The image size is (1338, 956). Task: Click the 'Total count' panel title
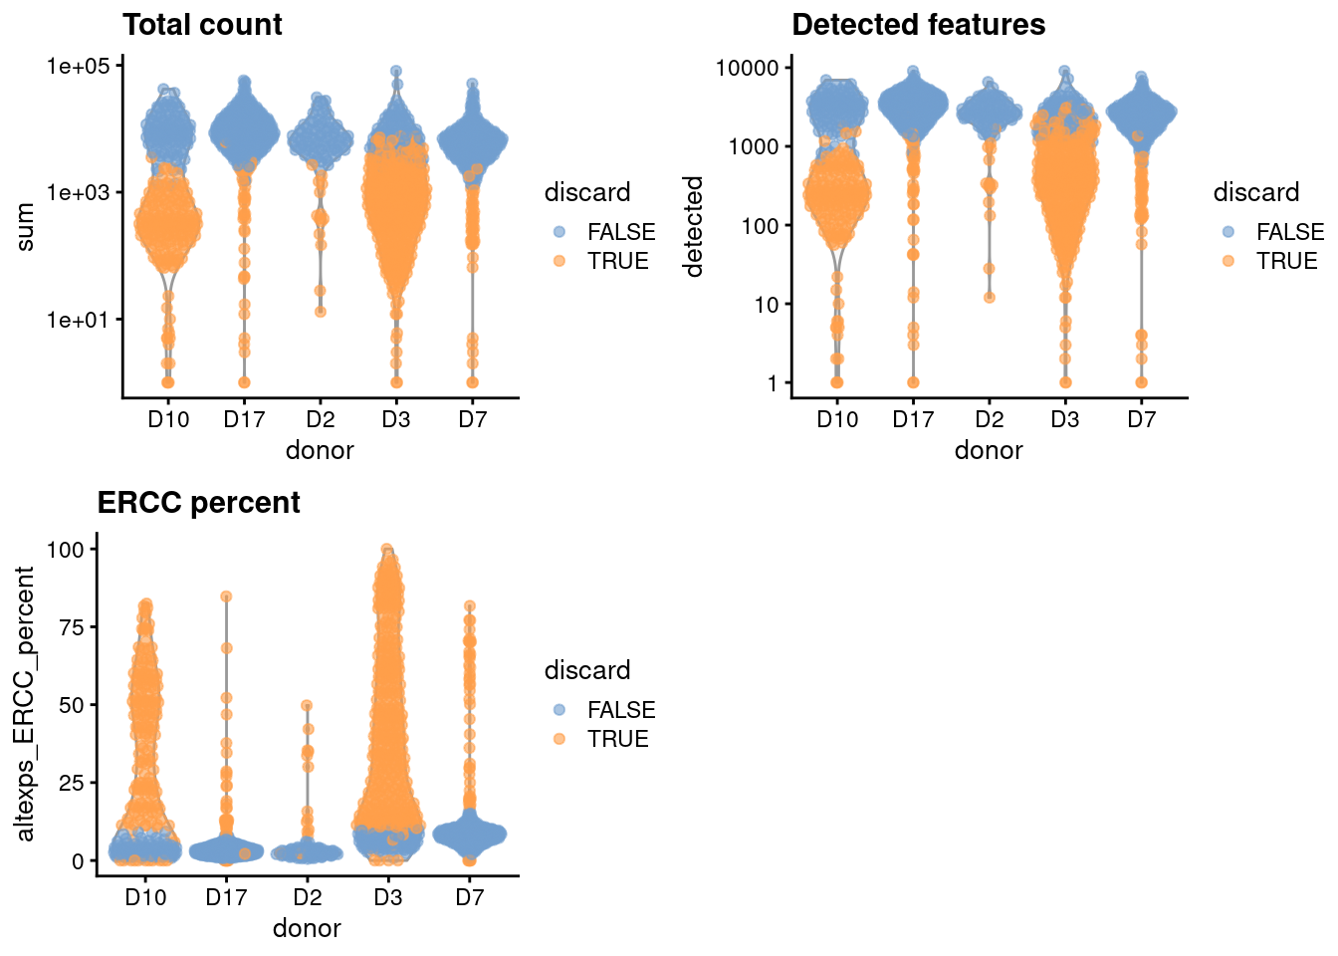point(202,25)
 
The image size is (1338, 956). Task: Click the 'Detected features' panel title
point(918,25)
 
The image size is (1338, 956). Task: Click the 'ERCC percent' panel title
point(198,503)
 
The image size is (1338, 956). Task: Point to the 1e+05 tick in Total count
point(78,66)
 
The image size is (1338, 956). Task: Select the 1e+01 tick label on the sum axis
point(78,320)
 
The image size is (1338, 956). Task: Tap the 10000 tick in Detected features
point(747,68)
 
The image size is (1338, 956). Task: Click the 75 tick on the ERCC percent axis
point(71,626)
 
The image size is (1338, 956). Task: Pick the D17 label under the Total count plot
point(244,419)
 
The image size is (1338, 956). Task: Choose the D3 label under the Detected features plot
point(1064,419)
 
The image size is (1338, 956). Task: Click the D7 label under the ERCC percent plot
point(469,897)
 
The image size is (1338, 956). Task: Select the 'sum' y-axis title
point(26,227)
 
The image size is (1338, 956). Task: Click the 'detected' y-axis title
point(694,227)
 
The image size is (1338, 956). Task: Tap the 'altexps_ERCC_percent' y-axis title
point(26,704)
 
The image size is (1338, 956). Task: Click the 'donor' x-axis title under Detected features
point(988,451)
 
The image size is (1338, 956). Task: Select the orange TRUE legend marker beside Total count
point(559,261)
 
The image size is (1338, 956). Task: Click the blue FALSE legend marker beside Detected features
point(1228,232)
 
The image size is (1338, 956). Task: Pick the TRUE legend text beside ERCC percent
point(617,739)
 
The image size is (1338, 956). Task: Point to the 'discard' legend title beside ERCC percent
point(587,670)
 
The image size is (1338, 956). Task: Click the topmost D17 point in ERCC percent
point(226,597)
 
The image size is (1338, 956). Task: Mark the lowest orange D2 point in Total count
point(321,311)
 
